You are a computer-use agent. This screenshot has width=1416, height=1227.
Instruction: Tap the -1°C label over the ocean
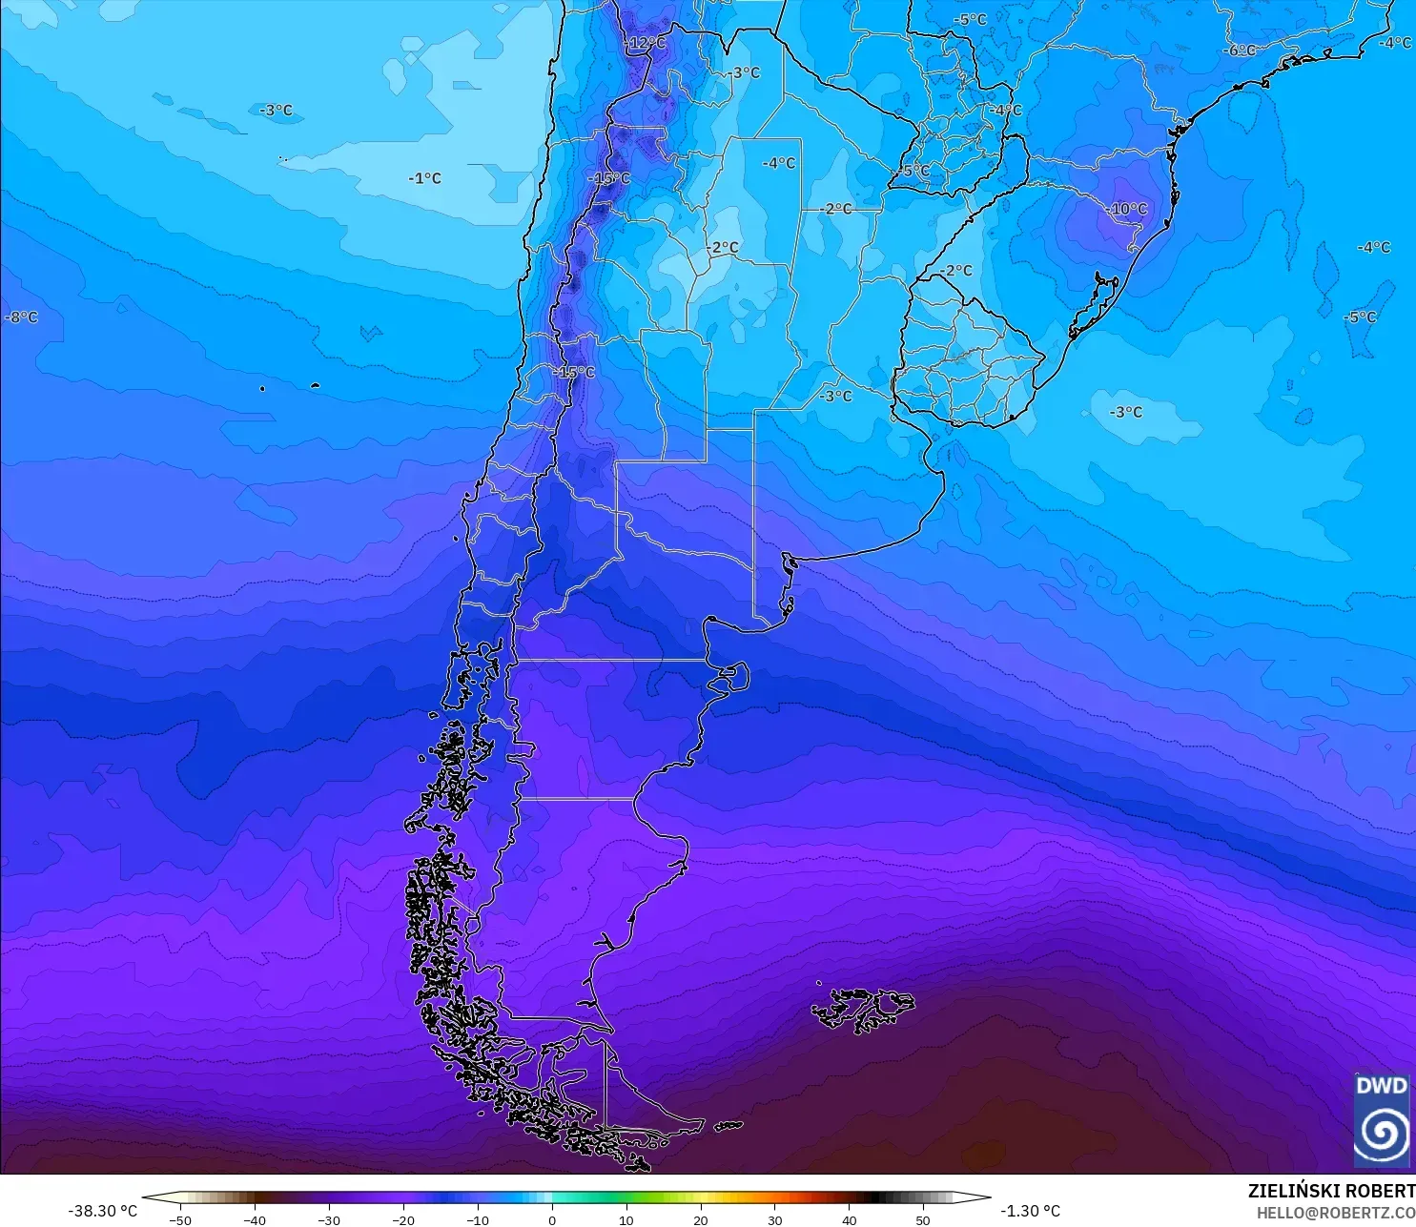pyautogui.click(x=424, y=178)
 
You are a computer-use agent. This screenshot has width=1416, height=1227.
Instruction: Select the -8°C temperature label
pyautogui.click(x=21, y=317)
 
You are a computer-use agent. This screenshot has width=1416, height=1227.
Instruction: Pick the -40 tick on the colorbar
pyautogui.click(x=255, y=1219)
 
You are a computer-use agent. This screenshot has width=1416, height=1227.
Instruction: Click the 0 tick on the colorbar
pyautogui.click(x=552, y=1219)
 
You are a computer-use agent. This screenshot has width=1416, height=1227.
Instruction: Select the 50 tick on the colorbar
pyautogui.click(x=922, y=1219)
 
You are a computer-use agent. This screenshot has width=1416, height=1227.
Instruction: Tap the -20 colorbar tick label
pyautogui.click(x=403, y=1219)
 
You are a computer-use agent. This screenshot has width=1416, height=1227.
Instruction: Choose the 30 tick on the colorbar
pyautogui.click(x=774, y=1219)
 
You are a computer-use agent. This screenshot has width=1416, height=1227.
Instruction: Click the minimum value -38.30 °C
pyautogui.click(x=102, y=1211)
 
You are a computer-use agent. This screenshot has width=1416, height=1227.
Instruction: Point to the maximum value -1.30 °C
pyautogui.click(x=1030, y=1211)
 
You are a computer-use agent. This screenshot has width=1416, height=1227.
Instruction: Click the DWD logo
pyautogui.click(x=1382, y=1120)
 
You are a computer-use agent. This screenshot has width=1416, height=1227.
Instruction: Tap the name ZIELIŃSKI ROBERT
pyautogui.click(x=1331, y=1191)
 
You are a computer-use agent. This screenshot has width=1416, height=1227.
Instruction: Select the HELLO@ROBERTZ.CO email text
pyautogui.click(x=1335, y=1213)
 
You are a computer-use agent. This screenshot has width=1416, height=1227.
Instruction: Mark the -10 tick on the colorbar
pyautogui.click(x=478, y=1219)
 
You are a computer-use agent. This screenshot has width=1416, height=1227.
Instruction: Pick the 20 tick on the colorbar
pyautogui.click(x=701, y=1219)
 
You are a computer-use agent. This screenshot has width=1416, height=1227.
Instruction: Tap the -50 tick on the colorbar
pyautogui.click(x=180, y=1219)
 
